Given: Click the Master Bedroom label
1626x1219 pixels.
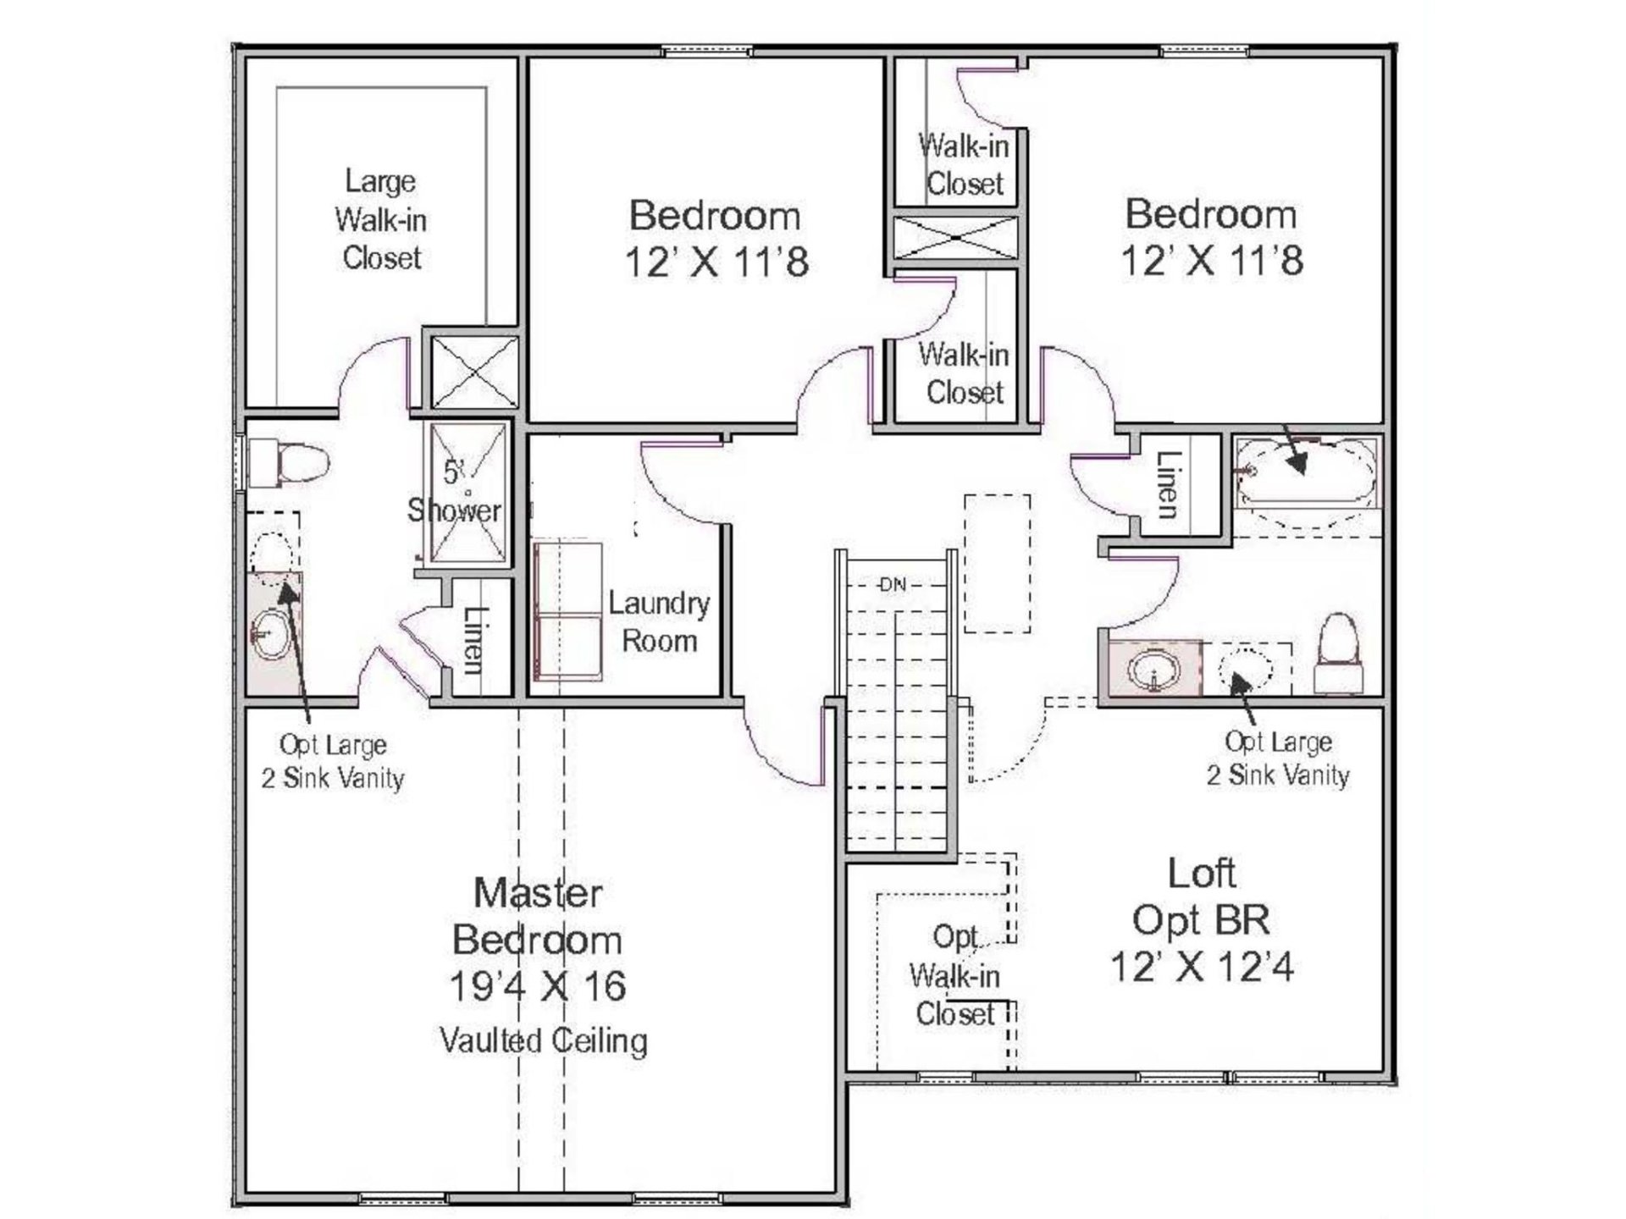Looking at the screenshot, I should pyautogui.click(x=538, y=916).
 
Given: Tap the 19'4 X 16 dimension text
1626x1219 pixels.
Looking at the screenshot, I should pyautogui.click(x=538, y=986).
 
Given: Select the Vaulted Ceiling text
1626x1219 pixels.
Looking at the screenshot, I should pyautogui.click(x=543, y=1040).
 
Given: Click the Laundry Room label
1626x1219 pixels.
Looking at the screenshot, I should pyautogui.click(x=659, y=621).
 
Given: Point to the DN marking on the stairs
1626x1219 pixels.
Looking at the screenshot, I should pyautogui.click(x=893, y=584).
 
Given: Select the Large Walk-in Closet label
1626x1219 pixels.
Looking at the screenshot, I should pyautogui.click(x=380, y=219).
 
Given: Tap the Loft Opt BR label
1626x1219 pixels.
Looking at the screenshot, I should pyautogui.click(x=1202, y=896).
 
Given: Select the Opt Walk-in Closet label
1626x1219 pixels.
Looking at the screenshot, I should pyautogui.click(x=955, y=975).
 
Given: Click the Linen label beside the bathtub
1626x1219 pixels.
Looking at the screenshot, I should pyautogui.click(x=1169, y=484).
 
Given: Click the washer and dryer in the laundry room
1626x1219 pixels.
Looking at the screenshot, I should pyautogui.click(x=568, y=613).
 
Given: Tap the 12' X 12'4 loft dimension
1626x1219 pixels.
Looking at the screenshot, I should pyautogui.click(x=1202, y=966).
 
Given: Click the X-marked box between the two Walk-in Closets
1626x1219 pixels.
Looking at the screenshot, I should pyautogui.click(x=955, y=238).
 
